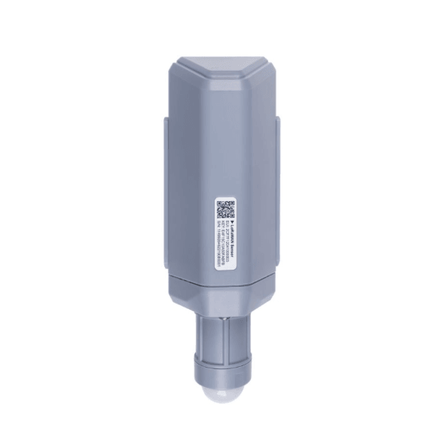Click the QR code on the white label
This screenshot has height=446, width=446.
click(x=225, y=208)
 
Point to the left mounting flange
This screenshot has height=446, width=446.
click(x=163, y=188)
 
